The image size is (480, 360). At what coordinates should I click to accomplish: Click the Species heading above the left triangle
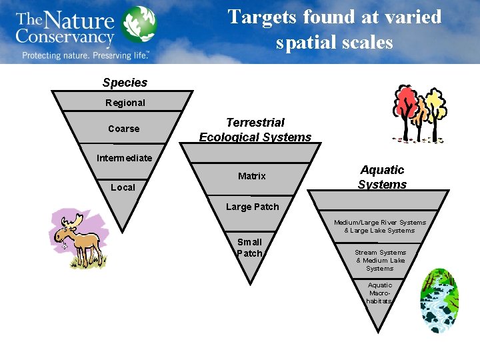(125, 83)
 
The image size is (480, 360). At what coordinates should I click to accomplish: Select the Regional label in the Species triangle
(125, 103)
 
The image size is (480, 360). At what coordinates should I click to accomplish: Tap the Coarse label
(124, 129)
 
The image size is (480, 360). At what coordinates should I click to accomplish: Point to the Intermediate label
(124, 158)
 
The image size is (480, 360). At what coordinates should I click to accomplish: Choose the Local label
(123, 187)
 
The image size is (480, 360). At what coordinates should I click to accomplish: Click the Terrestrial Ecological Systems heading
(255, 130)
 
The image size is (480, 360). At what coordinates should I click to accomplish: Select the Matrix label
(252, 176)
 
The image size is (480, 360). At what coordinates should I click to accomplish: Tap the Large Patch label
(252, 207)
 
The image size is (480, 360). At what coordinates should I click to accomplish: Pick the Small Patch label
(250, 247)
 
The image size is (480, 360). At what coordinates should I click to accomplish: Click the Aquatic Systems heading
(382, 177)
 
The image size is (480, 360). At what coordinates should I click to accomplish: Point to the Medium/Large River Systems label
(380, 226)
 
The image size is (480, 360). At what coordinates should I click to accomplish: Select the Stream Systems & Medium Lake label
(380, 260)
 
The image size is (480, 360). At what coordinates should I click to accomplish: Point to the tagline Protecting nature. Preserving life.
(85, 55)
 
